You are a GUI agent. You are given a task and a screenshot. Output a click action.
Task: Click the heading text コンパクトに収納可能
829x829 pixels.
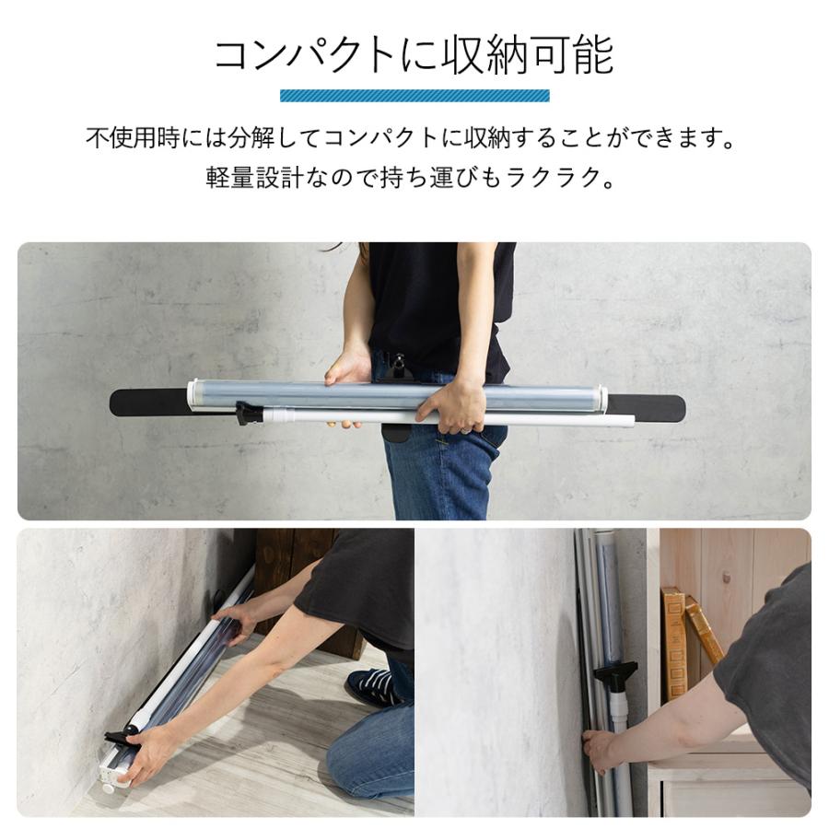[414, 56]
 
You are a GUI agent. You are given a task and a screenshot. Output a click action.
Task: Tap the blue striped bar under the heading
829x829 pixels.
[414, 95]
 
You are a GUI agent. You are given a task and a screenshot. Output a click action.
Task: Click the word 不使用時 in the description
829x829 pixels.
[123, 140]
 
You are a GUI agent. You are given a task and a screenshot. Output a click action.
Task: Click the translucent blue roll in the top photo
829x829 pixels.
[396, 397]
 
